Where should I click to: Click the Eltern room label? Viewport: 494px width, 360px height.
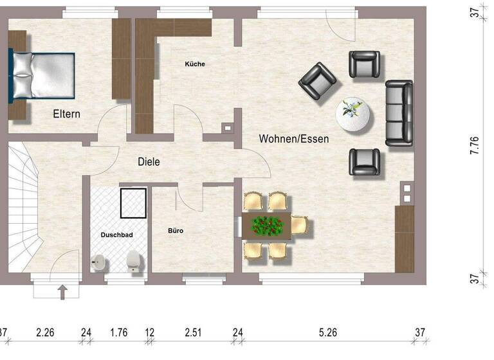pos(66,114)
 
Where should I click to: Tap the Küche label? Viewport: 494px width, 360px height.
pos(194,64)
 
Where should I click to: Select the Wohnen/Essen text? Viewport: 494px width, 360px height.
pos(294,139)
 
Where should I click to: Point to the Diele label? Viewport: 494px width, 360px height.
pos(148,162)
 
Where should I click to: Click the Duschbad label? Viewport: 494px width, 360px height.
pos(116,235)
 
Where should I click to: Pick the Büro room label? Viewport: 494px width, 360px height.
pos(176,230)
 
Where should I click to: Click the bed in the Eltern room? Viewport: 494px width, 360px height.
pos(42,76)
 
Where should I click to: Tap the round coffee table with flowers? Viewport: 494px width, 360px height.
pos(354,115)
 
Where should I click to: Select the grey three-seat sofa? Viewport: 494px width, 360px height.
pos(399,113)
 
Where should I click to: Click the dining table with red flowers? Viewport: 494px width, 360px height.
pos(267,226)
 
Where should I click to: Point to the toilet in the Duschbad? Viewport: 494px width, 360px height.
pos(134,261)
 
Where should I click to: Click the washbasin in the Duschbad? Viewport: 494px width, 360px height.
pos(99,262)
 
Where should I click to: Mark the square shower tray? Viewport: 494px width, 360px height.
pos(134,204)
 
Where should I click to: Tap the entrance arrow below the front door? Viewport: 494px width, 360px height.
pos(62,294)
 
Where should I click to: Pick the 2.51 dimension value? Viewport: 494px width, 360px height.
pos(193,332)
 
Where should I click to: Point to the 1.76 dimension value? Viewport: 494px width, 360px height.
pos(119,332)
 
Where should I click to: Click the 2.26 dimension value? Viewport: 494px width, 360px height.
pos(45,332)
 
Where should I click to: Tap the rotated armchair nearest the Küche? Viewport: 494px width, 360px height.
pos(318,79)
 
